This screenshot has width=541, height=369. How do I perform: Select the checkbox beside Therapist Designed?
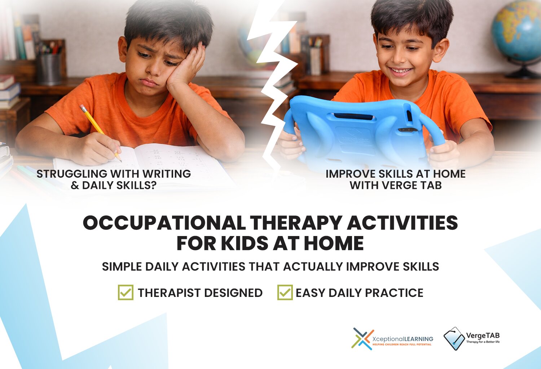tap(126, 292)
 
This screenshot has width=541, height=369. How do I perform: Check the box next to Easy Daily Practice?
tap(285, 292)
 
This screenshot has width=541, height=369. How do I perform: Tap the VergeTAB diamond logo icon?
tap(454, 338)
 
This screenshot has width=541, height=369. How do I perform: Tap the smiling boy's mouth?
tap(400, 71)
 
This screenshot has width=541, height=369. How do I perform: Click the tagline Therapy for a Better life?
tap(483, 342)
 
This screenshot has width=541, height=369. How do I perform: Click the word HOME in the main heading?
tap(334, 244)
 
